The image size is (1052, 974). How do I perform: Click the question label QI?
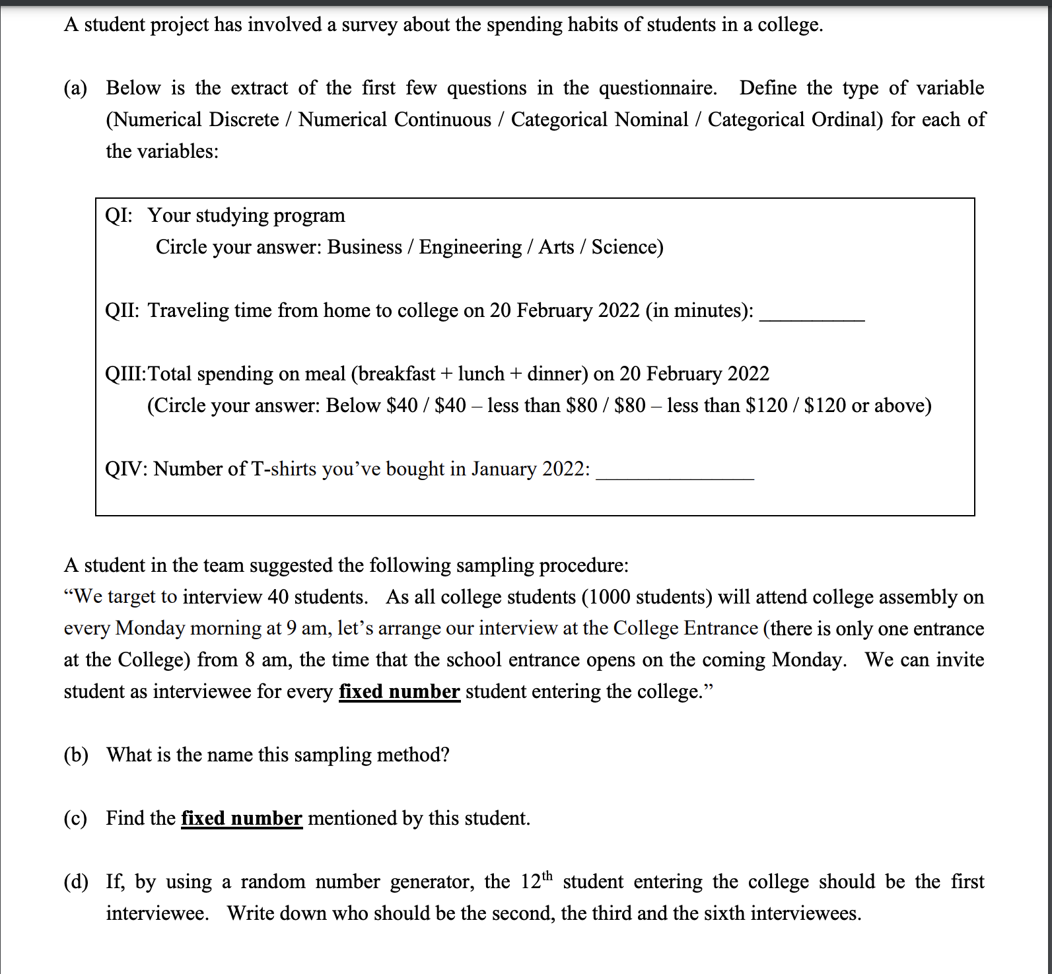click(119, 216)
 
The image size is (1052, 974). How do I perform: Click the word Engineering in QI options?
click(470, 247)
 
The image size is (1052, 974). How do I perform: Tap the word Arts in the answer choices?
click(556, 247)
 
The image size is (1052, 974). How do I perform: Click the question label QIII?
click(125, 374)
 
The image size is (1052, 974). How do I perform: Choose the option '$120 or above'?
click(867, 405)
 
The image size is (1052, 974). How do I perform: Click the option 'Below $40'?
click(372, 405)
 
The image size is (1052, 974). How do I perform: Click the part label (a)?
click(75, 88)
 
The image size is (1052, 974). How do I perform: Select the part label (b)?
click(76, 755)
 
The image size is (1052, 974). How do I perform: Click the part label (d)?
click(76, 882)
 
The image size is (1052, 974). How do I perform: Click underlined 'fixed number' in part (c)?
click(242, 819)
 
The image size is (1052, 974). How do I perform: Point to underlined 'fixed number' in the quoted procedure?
click(399, 692)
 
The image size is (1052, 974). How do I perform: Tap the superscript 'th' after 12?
click(547, 876)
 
